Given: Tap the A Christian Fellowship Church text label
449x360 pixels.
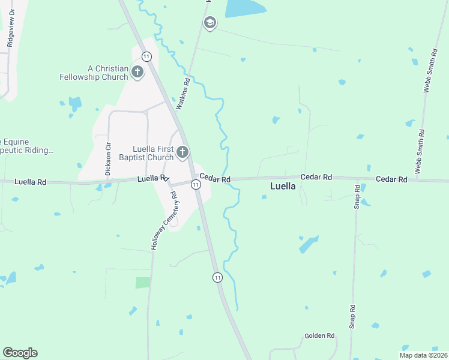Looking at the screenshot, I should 94,73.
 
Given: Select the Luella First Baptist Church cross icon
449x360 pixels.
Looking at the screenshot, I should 182,153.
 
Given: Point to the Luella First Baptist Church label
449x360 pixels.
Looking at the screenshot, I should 153,153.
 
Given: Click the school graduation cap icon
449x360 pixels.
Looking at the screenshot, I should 209,23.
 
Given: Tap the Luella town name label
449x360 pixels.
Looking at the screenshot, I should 283,186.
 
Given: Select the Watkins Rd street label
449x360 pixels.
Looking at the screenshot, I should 184,94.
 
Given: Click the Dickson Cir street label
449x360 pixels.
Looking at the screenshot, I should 108,158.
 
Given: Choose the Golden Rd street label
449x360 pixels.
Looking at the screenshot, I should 319,336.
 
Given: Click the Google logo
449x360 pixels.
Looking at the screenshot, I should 20,353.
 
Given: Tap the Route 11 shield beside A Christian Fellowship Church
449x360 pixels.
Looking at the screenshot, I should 146,56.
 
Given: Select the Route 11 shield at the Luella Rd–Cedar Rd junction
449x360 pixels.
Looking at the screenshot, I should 196,184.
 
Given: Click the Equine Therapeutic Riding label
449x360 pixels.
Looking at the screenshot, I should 26,146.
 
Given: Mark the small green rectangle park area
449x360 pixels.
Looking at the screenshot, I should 143,283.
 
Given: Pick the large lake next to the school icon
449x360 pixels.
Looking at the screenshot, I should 245,8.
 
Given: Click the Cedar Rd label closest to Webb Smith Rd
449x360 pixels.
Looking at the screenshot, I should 391,179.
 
